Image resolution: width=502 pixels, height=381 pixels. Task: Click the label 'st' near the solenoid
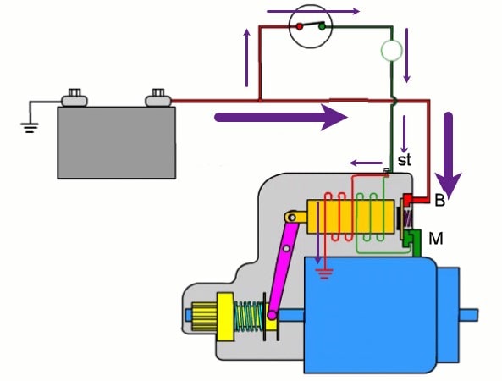click(x=404, y=160)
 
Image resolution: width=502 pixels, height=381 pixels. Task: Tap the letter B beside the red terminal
click(x=440, y=201)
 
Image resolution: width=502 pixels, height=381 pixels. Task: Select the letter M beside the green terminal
click(x=436, y=239)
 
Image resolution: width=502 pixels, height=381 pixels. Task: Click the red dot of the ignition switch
click(x=300, y=26)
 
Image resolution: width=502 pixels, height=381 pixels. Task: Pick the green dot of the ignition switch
click(x=322, y=26)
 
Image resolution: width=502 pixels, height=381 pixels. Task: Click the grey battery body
click(x=117, y=143)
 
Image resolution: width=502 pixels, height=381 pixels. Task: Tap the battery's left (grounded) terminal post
click(x=74, y=98)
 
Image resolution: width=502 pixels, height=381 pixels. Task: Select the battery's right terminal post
click(x=158, y=98)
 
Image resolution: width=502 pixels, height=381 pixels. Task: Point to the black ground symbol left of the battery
click(x=30, y=128)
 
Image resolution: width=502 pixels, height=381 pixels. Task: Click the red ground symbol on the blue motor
click(x=324, y=274)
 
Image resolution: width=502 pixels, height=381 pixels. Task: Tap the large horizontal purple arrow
click(x=281, y=117)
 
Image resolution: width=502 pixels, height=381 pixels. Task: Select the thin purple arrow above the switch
click(x=313, y=12)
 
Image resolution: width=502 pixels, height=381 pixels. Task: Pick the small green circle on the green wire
click(x=391, y=51)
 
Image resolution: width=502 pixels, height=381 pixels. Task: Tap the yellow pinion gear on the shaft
click(x=210, y=317)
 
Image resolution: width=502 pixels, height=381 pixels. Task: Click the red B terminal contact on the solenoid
click(x=409, y=200)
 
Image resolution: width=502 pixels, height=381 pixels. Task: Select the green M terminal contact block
click(x=412, y=242)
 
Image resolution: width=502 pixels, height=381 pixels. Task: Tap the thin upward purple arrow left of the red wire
click(x=246, y=58)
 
